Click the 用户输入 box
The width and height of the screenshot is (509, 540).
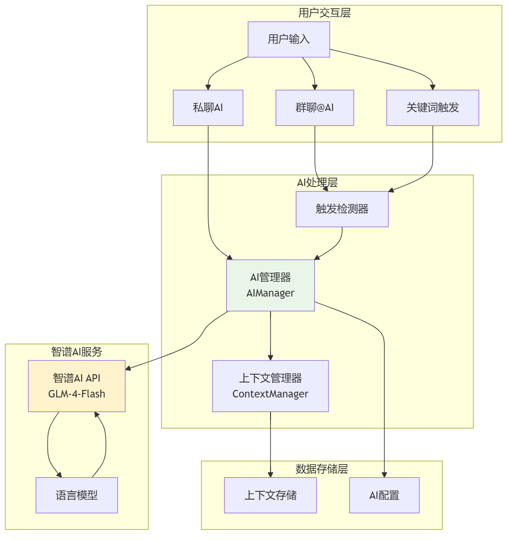[x=289, y=39]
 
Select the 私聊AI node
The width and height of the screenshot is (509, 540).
[x=208, y=107]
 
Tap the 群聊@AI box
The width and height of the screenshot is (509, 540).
[x=314, y=107]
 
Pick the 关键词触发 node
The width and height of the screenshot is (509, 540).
[x=433, y=107]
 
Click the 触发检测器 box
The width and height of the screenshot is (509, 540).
[x=342, y=209]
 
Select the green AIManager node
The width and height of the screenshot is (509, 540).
[x=270, y=285]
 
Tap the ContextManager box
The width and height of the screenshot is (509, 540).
[x=270, y=386]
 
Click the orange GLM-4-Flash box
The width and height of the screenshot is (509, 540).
[x=76, y=386]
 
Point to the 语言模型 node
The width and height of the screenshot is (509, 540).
[x=76, y=495]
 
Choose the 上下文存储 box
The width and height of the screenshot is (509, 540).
[x=270, y=495]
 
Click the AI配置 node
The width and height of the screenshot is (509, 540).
[x=384, y=495]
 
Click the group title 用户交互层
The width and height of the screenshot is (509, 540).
[x=324, y=13]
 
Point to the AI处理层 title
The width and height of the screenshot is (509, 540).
[x=317, y=182]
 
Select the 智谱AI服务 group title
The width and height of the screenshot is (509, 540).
[x=76, y=351]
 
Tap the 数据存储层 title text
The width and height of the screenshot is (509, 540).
[x=321, y=469]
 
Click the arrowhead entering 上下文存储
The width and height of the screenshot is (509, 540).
[x=270, y=475]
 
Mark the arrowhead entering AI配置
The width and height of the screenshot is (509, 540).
[x=384, y=475]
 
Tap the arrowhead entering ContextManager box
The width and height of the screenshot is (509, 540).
[x=270, y=358]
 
